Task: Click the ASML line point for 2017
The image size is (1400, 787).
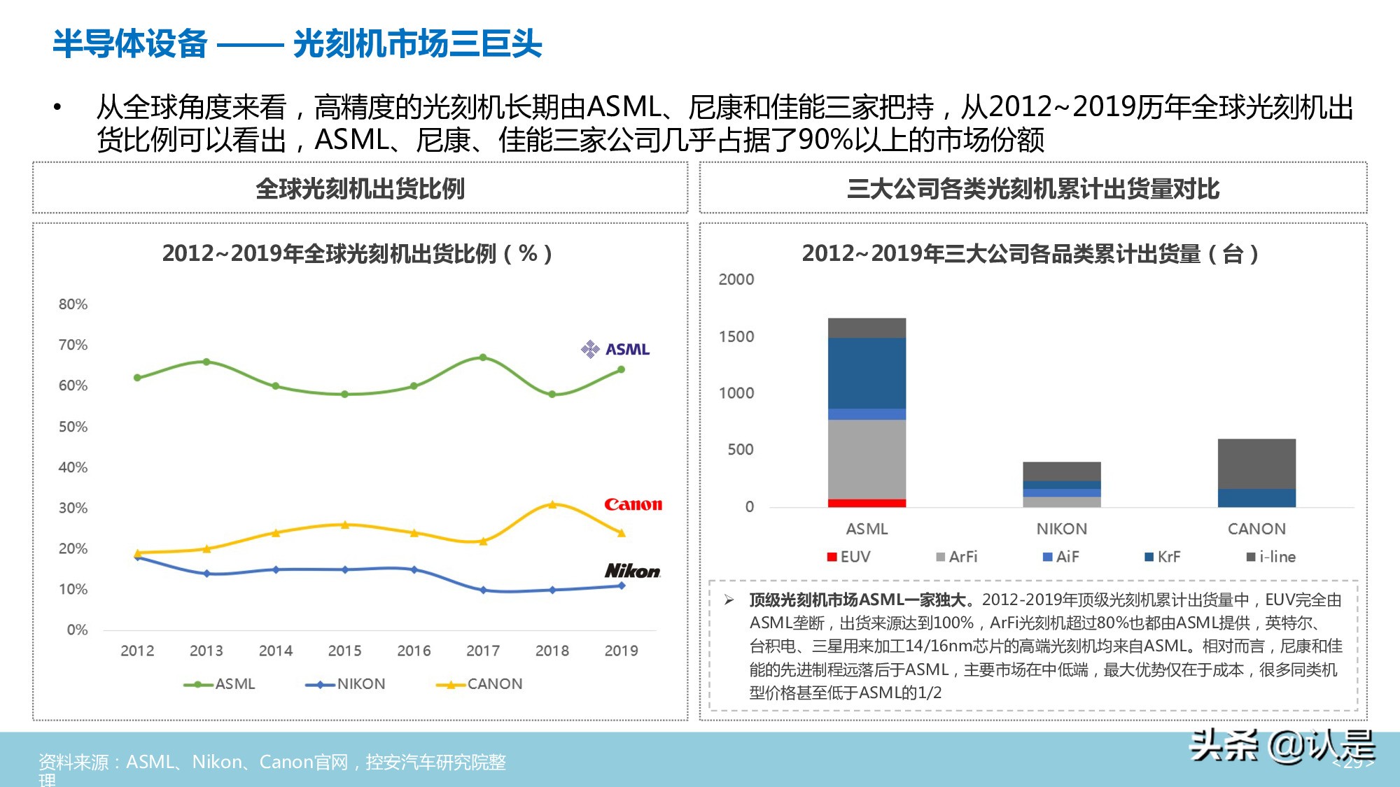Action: (483, 357)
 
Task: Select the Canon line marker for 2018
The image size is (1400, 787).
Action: (552, 504)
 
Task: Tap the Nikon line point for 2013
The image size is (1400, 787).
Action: (206, 574)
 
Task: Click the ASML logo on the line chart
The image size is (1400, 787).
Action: (615, 349)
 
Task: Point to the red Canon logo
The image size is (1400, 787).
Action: (633, 504)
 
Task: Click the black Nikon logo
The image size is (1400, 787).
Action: (632, 571)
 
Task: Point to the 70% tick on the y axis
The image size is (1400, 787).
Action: (73, 345)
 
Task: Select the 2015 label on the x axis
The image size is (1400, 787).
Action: (344, 651)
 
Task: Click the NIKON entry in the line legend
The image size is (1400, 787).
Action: (346, 684)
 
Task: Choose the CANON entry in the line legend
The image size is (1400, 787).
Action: (479, 684)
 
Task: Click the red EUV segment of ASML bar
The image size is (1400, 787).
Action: (867, 503)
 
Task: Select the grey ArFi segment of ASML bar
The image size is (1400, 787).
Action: (867, 459)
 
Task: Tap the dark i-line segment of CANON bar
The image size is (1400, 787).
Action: (1256, 463)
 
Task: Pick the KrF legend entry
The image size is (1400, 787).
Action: (1162, 557)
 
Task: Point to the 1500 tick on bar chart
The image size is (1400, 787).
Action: (736, 336)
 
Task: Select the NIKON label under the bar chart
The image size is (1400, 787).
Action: (1061, 529)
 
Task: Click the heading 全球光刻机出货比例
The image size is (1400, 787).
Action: (360, 189)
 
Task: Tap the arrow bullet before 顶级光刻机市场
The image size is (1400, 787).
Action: (729, 600)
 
